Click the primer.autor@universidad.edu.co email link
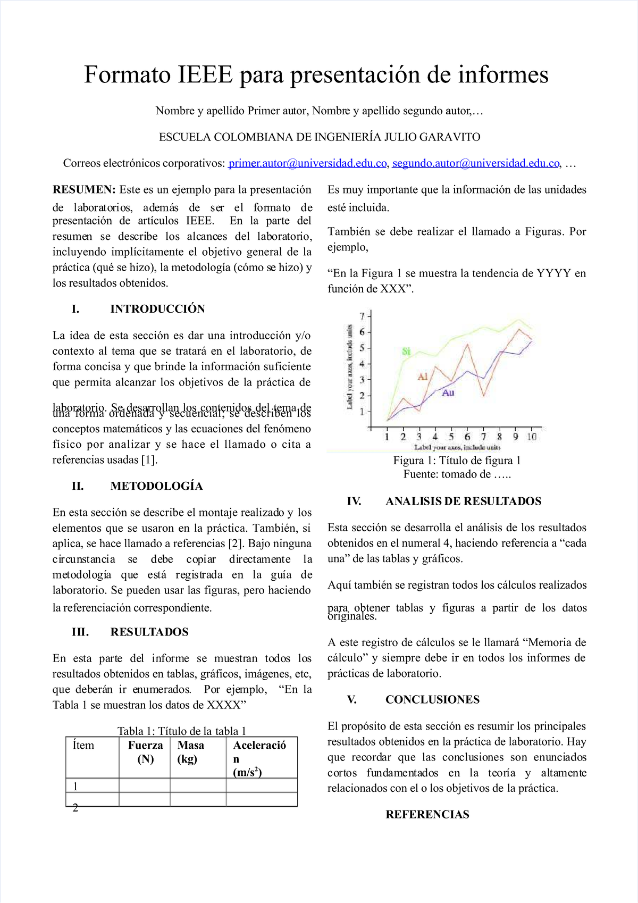[x=307, y=163]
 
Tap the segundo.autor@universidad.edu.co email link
[x=476, y=163]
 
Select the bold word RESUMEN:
[x=83, y=190]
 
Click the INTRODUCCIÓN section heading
[x=157, y=309]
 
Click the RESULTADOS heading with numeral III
[x=149, y=632]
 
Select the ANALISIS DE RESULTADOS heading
[x=463, y=501]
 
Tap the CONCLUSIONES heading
[x=432, y=699]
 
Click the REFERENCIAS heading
[x=427, y=814]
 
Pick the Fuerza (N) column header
[x=145, y=752]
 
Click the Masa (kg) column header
[x=191, y=752]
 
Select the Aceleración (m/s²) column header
[x=259, y=759]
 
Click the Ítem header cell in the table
[x=83, y=746]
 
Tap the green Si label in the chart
[x=406, y=352]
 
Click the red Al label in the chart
[x=423, y=377]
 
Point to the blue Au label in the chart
[x=448, y=392]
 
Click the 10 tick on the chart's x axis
[x=532, y=437]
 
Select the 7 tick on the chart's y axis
[x=362, y=316]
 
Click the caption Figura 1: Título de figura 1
[x=457, y=461]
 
